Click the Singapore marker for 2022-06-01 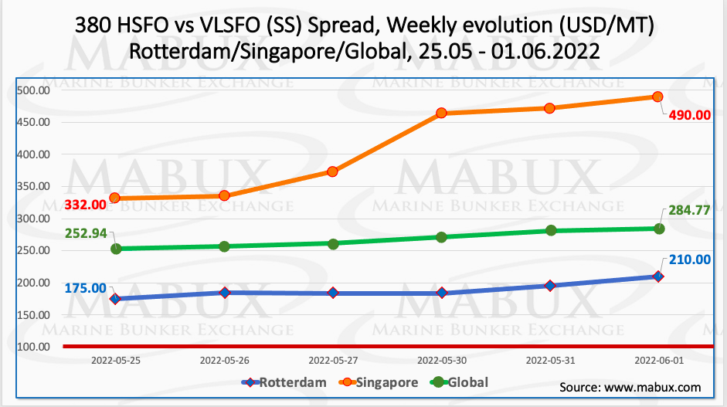pyautogui.click(x=658, y=97)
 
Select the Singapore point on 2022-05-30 pyautogui.click(x=441, y=113)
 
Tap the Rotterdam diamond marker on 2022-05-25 pyautogui.click(x=116, y=299)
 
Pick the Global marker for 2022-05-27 pyautogui.click(x=333, y=244)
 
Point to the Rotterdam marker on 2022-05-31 pyautogui.click(x=550, y=286)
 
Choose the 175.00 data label pyautogui.click(x=84, y=287)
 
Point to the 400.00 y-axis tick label pyautogui.click(x=33, y=154)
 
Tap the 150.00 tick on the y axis pyautogui.click(x=33, y=315)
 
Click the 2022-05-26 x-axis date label pyautogui.click(x=224, y=360)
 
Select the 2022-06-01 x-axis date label pyautogui.click(x=658, y=360)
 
